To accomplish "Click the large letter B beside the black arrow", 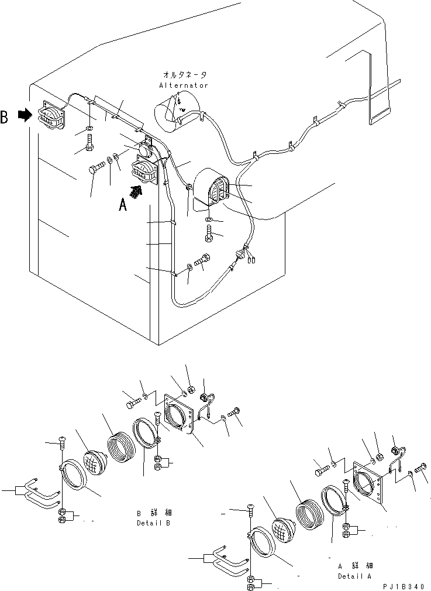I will click(x=5, y=117).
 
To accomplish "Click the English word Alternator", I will click(x=183, y=85).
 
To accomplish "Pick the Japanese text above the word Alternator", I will click(x=183, y=75).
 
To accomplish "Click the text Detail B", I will click(x=154, y=523).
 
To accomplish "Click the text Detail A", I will click(x=355, y=576).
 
